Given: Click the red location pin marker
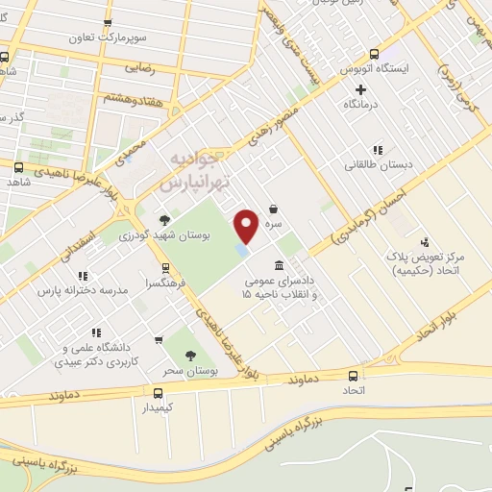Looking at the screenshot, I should point(247,226).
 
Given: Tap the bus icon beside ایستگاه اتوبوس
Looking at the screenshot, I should point(374,54).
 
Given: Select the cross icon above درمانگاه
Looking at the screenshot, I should point(360,89).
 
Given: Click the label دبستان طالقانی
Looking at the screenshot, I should point(379,164).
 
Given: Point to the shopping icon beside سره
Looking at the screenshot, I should point(274,208).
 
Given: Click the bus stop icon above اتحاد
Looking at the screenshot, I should point(354,376).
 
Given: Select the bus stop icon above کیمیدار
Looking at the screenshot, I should point(159,392).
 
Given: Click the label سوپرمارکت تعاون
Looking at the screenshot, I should point(106,39).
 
